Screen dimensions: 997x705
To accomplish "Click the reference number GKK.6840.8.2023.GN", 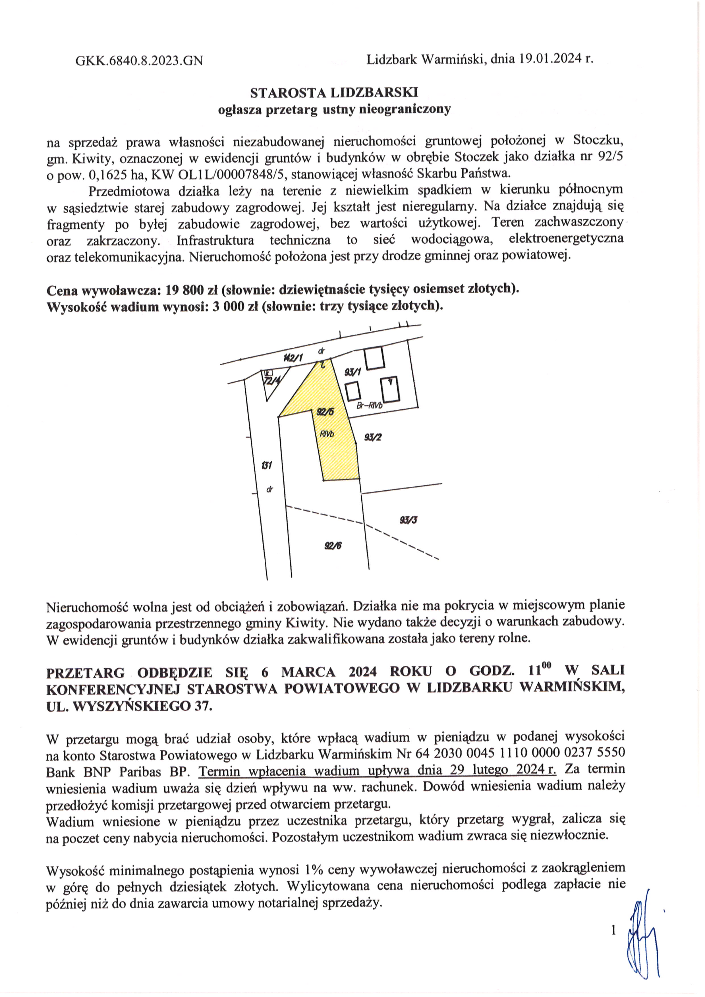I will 139,60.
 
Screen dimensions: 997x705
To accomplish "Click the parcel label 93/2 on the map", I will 373,437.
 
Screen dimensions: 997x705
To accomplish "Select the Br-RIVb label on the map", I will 369,406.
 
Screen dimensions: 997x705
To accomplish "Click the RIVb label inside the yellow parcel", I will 327,433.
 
